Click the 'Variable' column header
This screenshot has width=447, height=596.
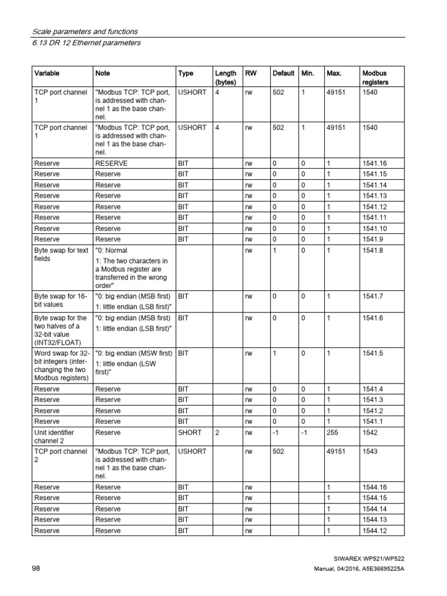(47, 73)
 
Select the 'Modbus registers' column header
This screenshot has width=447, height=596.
(374, 78)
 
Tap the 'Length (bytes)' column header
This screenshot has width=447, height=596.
(225, 78)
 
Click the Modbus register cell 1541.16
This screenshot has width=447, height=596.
(374, 164)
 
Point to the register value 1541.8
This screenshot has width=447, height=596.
(372, 250)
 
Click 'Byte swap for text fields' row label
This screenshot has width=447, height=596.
(60, 254)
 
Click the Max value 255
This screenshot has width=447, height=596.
(332, 432)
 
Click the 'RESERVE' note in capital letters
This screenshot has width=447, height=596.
(111, 164)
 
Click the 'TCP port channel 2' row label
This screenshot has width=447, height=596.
(60, 455)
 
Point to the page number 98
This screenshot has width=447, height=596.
(36, 567)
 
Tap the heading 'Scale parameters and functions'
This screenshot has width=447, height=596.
(84, 31)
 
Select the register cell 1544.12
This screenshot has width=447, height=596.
(374, 530)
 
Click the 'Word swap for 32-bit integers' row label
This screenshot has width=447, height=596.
(61, 365)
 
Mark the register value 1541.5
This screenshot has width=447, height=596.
(372, 353)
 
